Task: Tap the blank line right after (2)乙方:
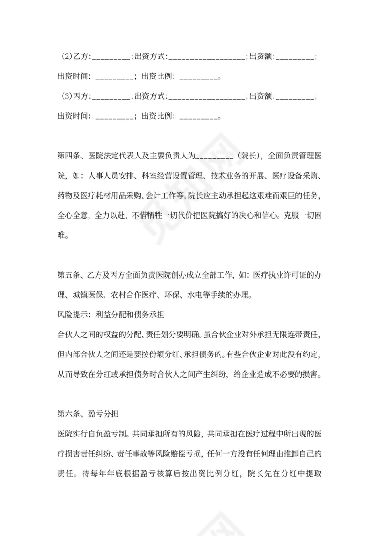tap(112, 58)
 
